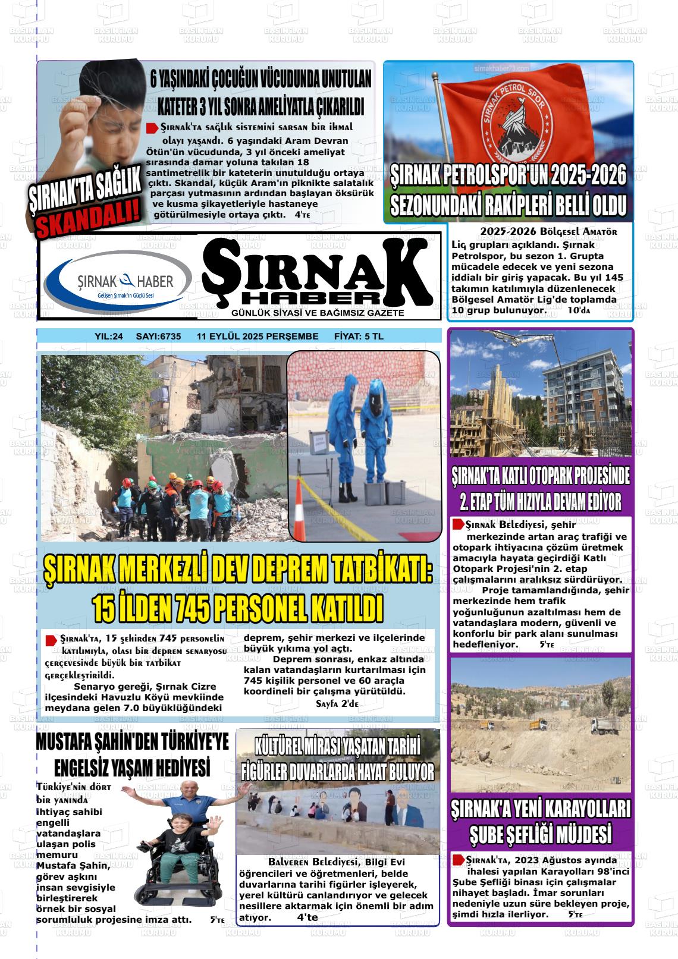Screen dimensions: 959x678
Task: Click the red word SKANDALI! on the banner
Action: click(x=90, y=218)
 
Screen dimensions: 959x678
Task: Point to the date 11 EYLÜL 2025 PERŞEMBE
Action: click(x=258, y=337)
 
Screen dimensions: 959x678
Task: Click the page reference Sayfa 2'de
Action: click(x=336, y=703)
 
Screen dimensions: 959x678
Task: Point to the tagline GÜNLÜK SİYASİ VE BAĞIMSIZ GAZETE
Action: click(x=318, y=313)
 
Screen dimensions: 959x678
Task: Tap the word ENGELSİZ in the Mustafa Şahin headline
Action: click(x=88, y=767)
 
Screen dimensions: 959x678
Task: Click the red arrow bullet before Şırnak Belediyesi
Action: click(x=458, y=524)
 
